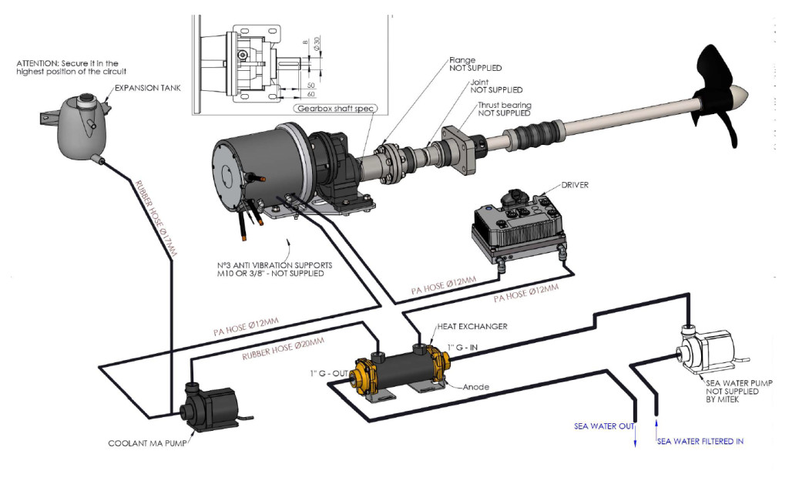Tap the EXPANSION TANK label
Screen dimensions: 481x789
point(147,88)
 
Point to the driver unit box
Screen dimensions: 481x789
point(519,224)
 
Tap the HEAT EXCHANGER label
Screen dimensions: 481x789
point(472,326)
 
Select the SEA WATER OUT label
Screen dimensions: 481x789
point(604,425)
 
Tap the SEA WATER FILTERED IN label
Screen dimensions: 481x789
point(700,441)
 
